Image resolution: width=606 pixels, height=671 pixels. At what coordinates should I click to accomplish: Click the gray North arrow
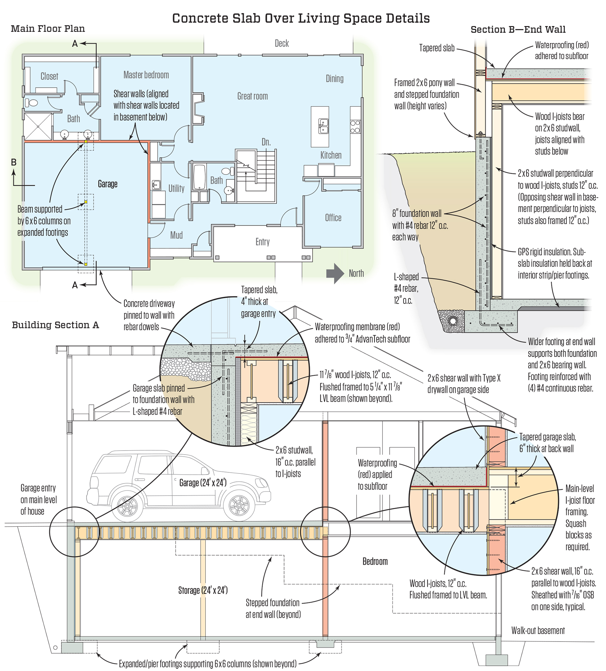pos(335,273)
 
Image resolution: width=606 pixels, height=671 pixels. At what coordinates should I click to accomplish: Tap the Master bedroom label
pos(146,75)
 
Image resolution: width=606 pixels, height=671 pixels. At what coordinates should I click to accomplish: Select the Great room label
pos(253,96)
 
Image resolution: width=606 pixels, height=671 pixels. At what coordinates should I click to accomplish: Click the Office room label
pos(333,218)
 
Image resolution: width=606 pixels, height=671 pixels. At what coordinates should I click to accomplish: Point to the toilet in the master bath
pos(32,102)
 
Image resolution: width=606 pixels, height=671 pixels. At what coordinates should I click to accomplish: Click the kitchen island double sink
pos(323,126)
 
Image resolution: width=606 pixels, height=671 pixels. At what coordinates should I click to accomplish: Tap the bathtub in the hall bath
pos(200,177)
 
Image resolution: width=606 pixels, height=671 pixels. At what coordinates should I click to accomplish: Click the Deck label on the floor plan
pos(282,43)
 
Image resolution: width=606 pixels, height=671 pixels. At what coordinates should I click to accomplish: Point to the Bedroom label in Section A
pos(375,561)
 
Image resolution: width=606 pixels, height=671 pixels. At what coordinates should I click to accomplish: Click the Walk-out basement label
pos(538,630)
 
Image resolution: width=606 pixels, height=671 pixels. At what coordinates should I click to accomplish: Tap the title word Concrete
pos(200,18)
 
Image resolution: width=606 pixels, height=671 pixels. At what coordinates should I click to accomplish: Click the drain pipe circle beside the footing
pos(452,321)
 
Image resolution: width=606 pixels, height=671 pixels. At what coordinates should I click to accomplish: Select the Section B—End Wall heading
pos(518,30)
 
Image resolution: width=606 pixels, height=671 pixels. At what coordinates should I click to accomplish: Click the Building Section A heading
pos(55,325)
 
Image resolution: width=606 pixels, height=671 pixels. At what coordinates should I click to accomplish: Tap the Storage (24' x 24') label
pos(203,590)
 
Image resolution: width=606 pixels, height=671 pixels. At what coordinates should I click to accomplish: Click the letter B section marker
pos(14,162)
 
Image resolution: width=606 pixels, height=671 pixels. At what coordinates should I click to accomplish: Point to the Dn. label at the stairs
pos(266,142)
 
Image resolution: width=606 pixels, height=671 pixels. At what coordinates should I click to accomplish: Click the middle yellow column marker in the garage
pos(86,202)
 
